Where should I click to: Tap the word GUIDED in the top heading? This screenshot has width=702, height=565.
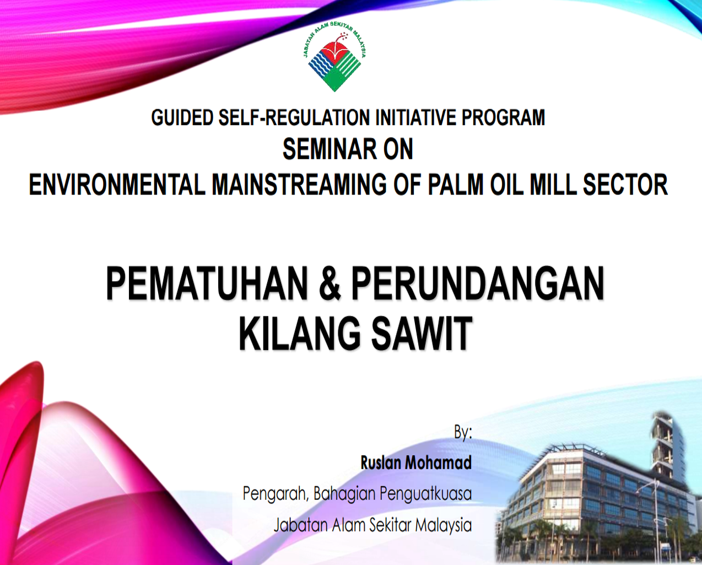tap(183, 117)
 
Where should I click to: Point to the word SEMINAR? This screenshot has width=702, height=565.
tap(330, 149)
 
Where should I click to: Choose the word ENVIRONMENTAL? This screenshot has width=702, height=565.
tap(117, 185)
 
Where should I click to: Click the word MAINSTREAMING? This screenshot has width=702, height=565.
tap(299, 185)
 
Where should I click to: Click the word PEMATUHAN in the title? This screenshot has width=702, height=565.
tap(207, 283)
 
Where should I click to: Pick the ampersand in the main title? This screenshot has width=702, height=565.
tap(330, 283)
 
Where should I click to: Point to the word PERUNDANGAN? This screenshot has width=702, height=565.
tap(477, 283)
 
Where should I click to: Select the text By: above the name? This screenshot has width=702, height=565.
tap(463, 433)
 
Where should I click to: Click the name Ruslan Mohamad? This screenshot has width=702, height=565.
tap(416, 463)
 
